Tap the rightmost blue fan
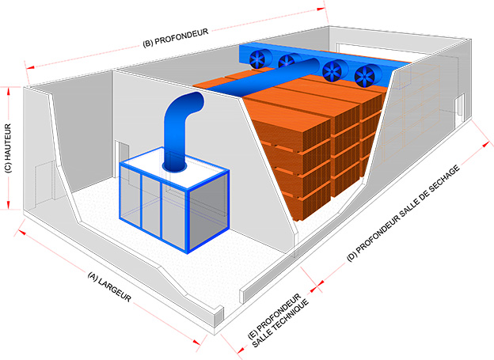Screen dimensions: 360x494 (366, 76)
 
